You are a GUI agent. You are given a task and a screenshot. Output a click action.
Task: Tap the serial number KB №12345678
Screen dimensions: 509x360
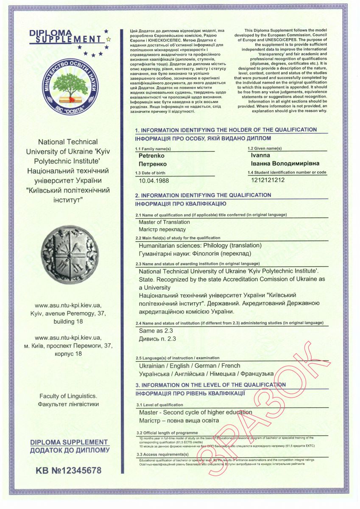[69, 470]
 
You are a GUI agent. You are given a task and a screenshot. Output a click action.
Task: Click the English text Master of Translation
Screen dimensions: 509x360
[165, 222]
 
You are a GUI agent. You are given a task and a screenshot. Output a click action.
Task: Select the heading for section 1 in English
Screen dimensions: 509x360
[226, 130]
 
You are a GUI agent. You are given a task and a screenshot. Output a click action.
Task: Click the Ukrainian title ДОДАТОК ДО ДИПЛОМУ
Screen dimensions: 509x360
[70, 450]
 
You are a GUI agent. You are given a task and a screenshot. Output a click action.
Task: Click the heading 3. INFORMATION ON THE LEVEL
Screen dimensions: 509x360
[210, 385]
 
